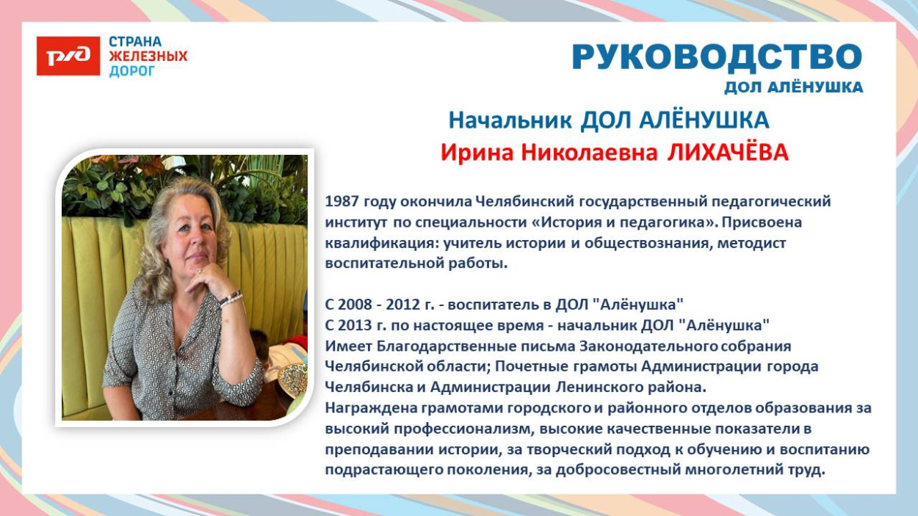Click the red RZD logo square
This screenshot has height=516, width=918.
coord(68,57)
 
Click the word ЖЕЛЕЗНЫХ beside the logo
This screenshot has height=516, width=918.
coord(148,57)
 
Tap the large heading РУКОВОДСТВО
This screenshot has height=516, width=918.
coord(716,57)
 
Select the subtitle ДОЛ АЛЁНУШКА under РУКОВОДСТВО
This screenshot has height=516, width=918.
coord(793,88)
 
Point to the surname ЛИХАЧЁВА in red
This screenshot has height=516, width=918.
coord(727,153)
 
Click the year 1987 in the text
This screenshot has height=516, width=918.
coord(341,201)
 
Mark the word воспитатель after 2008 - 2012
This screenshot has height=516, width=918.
coord(491,304)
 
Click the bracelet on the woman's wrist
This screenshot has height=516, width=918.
coord(231,297)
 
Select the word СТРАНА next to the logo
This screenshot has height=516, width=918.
coord(135,42)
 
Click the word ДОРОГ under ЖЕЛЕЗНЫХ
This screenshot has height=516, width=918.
coord(132,71)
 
